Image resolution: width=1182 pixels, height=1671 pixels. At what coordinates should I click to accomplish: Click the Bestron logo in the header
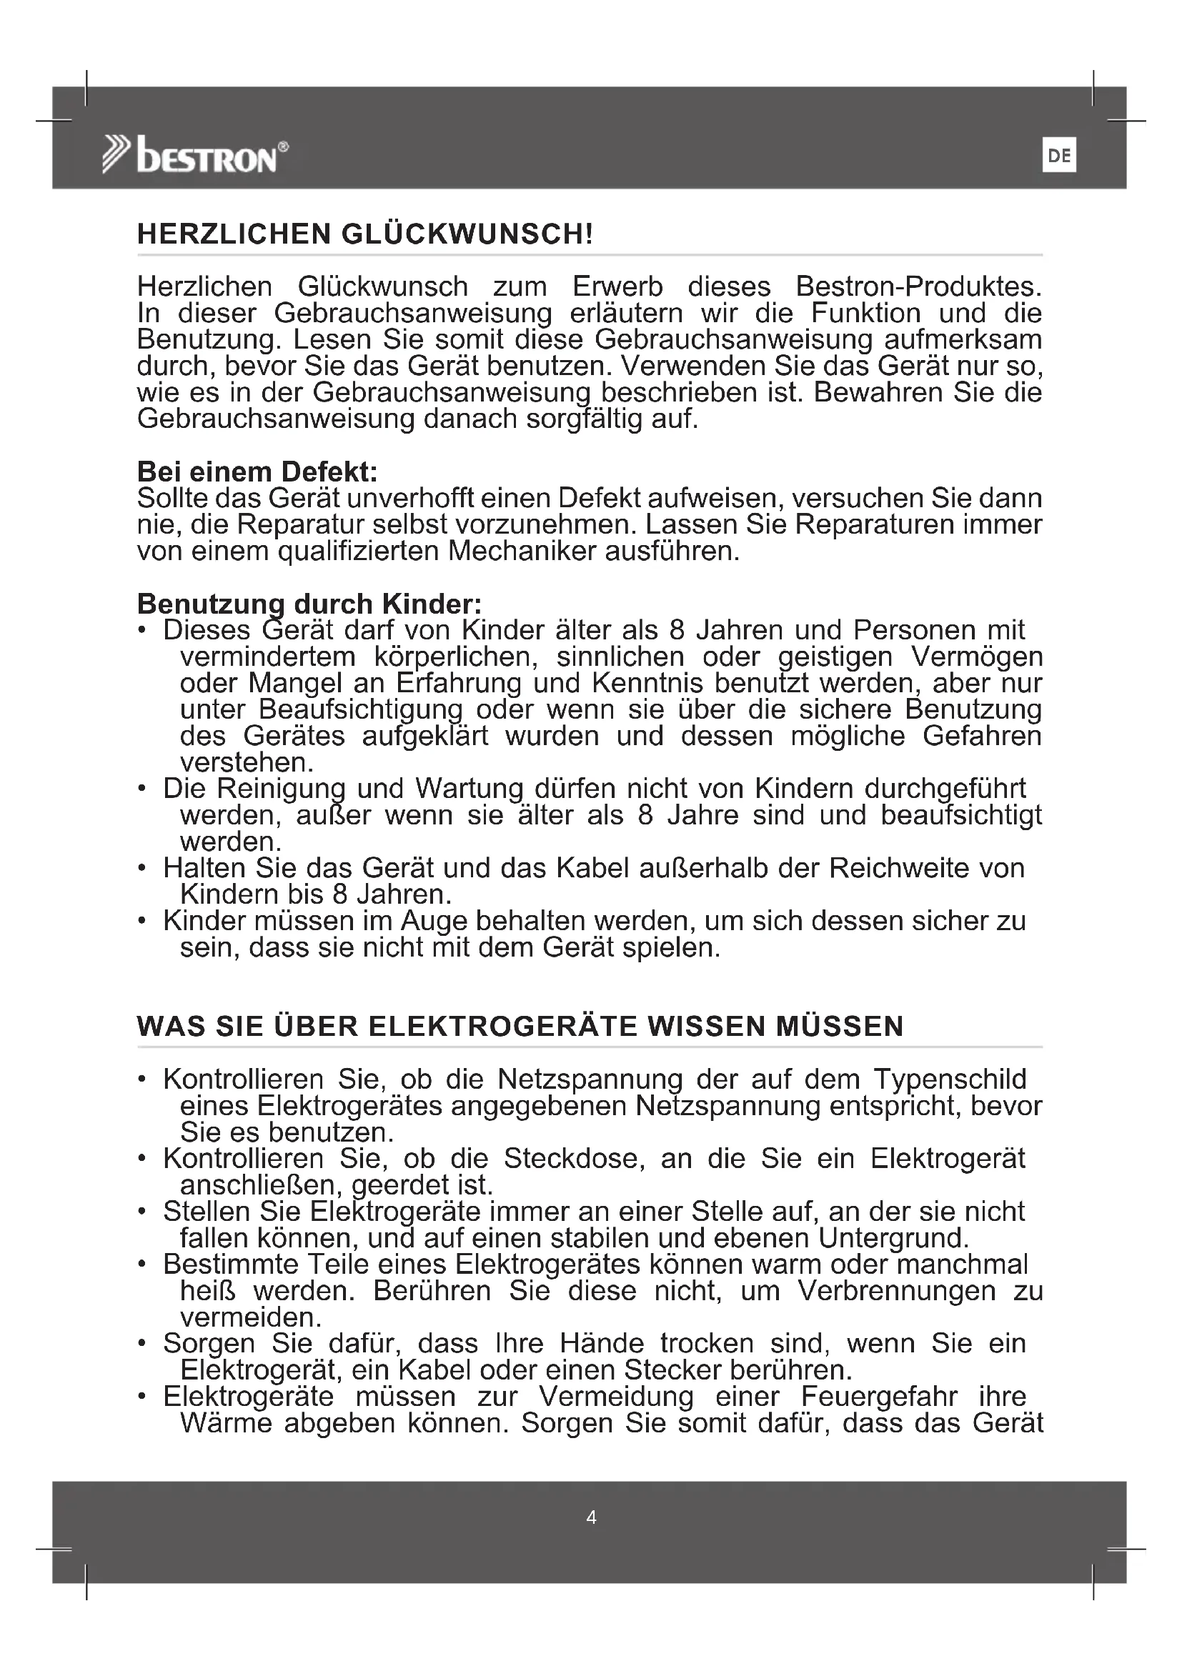[x=195, y=155]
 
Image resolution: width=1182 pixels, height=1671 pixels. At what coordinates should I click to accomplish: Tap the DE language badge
[x=1059, y=156]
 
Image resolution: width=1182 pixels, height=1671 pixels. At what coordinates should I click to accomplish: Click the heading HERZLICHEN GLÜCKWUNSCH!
[x=365, y=234]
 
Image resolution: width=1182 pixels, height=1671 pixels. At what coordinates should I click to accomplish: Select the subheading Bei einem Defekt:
[x=258, y=472]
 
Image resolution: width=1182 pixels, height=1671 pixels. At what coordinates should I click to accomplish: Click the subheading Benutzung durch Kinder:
[x=309, y=604]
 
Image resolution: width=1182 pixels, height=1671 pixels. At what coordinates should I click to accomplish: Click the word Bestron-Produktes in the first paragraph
[x=918, y=286]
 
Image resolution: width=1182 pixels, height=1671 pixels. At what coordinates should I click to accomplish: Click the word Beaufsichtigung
[x=360, y=709]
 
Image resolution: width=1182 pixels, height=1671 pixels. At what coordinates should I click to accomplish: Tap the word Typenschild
[x=950, y=1079]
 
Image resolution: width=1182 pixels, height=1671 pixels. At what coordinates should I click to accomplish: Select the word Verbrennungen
[x=897, y=1290]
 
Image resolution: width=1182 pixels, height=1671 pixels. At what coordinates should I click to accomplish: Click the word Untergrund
[x=894, y=1238]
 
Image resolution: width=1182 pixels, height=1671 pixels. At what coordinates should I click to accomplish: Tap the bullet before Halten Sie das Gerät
[x=143, y=868]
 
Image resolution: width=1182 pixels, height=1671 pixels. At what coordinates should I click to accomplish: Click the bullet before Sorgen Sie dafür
[x=143, y=1344]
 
